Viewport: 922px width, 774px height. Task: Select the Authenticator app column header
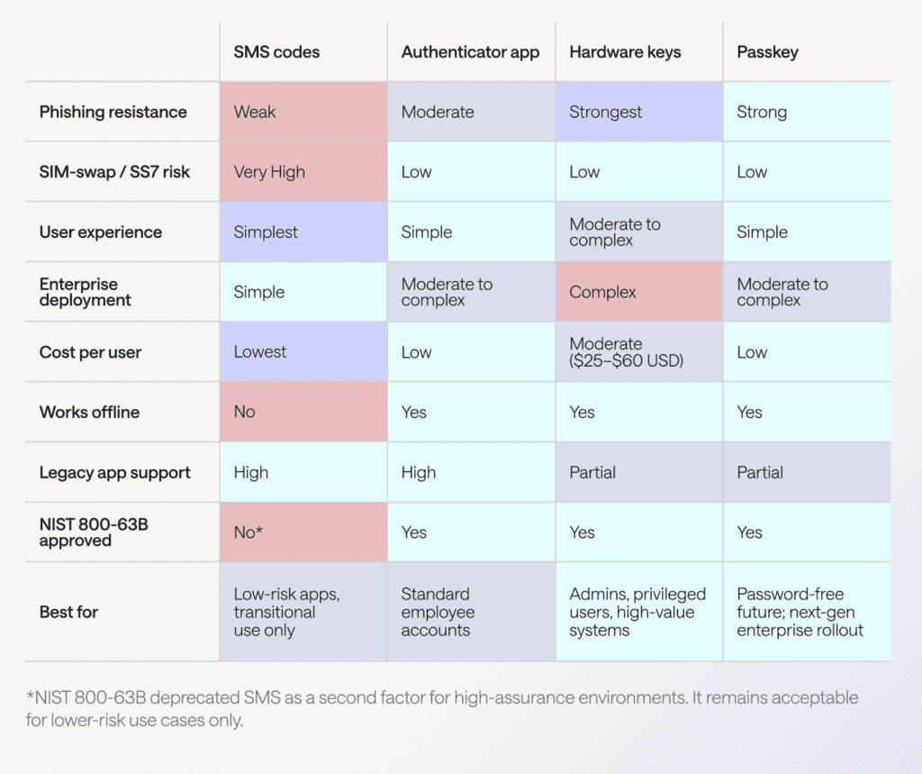[x=470, y=52]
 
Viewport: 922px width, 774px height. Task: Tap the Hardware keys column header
[x=625, y=52]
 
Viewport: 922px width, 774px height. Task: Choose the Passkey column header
[x=768, y=52]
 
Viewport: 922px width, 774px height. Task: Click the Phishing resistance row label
[x=113, y=113]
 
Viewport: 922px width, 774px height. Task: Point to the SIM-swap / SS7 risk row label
[x=114, y=172]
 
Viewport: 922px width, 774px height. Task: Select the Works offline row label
[x=89, y=413]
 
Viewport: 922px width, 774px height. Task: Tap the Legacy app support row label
[x=114, y=473]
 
